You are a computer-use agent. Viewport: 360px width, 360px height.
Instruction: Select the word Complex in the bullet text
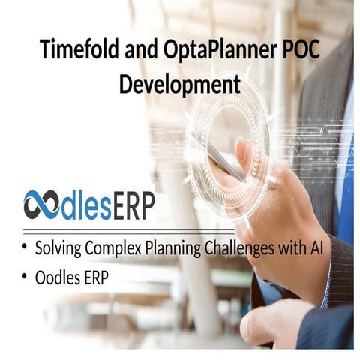(112, 248)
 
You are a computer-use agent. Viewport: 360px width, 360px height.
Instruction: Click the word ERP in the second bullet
(95, 277)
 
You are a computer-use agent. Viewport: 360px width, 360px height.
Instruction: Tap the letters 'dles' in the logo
(82, 204)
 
